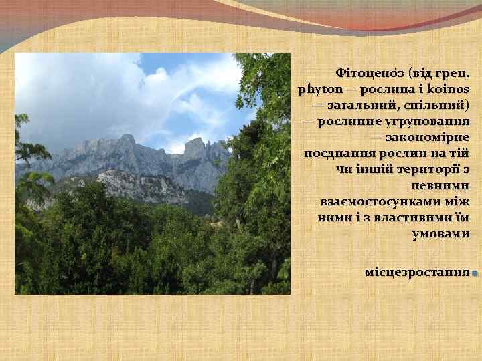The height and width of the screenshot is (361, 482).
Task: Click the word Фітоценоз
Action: [x=366, y=72]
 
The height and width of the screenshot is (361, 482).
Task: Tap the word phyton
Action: [x=318, y=88]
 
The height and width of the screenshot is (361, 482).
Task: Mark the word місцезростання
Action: [x=416, y=273]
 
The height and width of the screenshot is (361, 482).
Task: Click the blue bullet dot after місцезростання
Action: [x=473, y=274]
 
